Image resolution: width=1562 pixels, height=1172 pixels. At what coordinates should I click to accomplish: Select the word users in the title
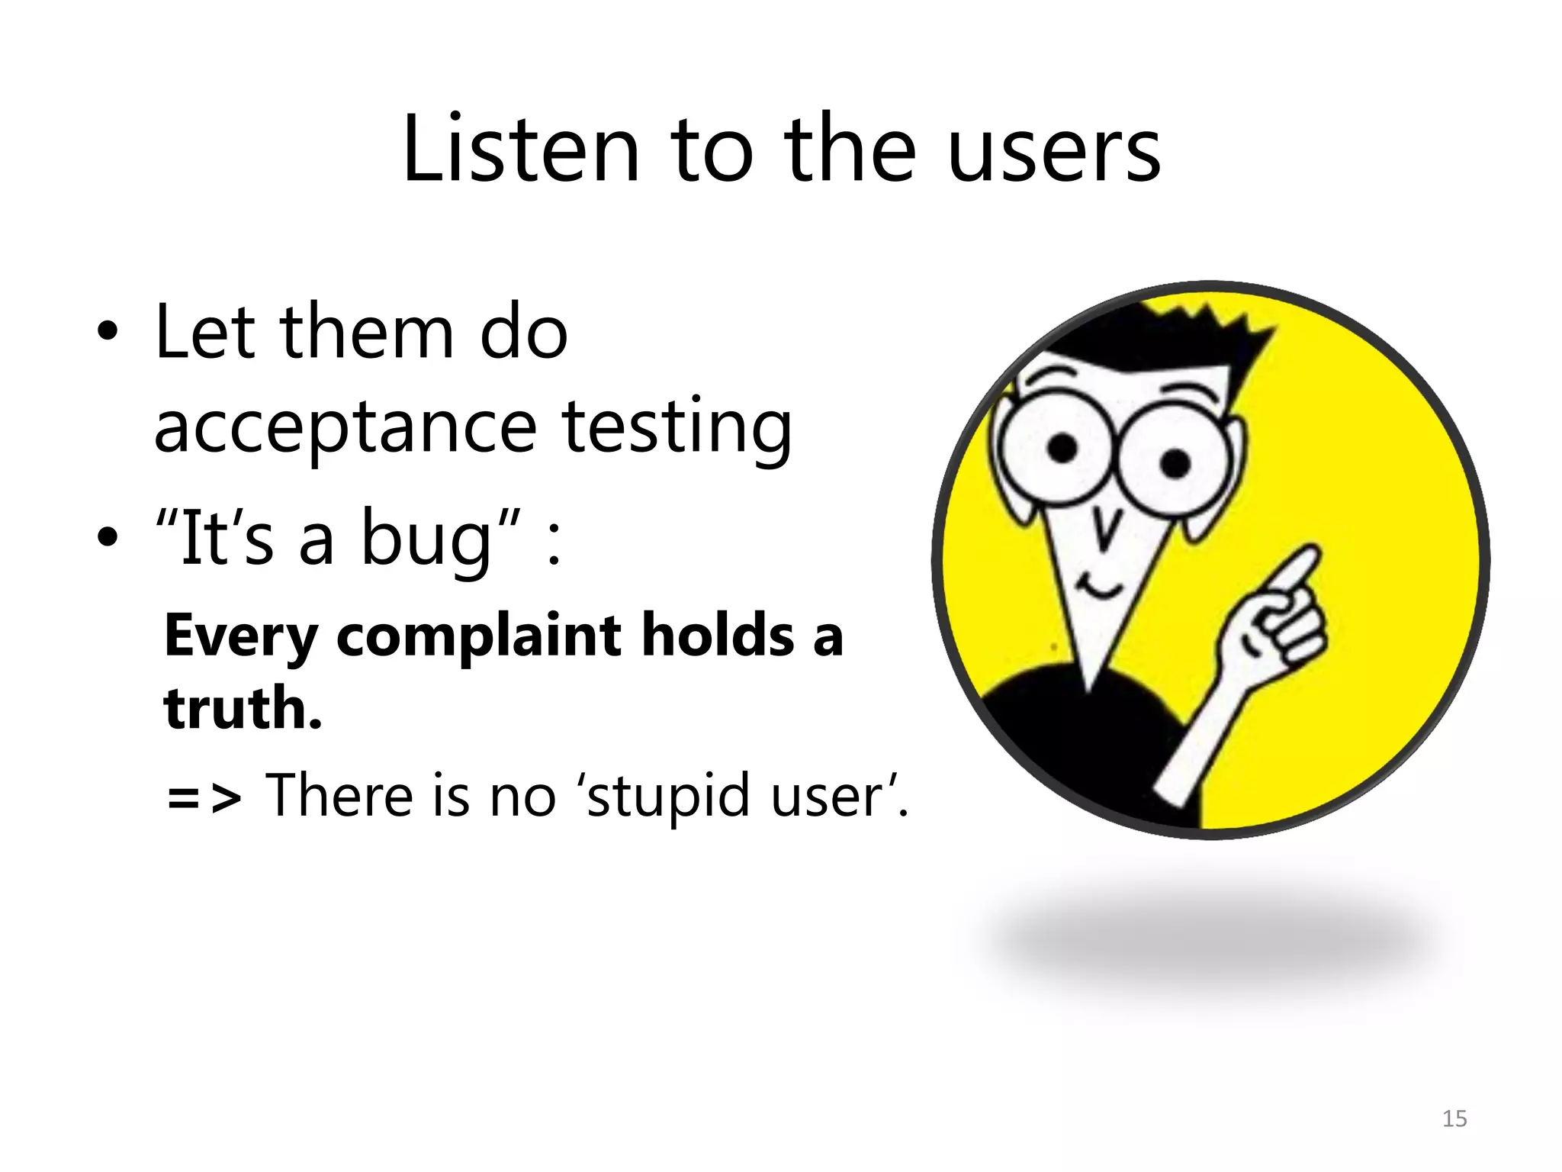[1054, 151]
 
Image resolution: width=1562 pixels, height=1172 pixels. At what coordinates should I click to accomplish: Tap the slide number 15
[1454, 1119]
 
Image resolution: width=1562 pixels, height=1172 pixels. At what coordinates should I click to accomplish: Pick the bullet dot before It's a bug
[108, 537]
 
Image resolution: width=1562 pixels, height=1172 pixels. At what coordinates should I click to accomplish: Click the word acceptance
[346, 427]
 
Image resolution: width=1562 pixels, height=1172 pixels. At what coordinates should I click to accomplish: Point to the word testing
[677, 427]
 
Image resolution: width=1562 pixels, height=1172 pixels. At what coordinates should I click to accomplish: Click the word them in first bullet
[367, 333]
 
